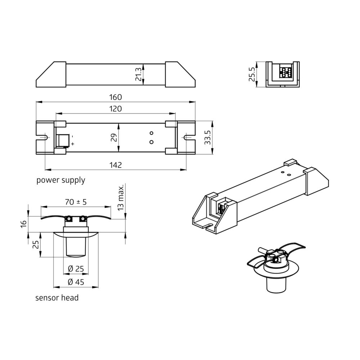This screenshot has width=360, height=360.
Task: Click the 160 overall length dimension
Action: (x=116, y=97)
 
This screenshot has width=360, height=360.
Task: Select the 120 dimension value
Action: (x=116, y=109)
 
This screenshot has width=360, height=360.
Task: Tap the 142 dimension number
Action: (x=116, y=165)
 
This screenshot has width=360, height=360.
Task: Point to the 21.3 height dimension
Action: (x=139, y=75)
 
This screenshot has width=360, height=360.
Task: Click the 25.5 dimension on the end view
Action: (x=252, y=75)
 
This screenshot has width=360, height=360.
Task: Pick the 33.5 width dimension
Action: (x=207, y=138)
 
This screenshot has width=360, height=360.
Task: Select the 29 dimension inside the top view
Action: (x=114, y=138)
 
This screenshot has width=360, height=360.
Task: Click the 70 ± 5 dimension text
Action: (x=76, y=202)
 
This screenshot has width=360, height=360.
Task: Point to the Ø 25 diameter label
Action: (x=76, y=269)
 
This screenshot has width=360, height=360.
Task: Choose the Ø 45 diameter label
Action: (x=76, y=282)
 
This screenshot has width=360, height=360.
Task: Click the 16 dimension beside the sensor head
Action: (x=23, y=224)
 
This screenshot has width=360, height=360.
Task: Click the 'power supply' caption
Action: (x=60, y=180)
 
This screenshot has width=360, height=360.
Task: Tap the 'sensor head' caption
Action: (x=57, y=298)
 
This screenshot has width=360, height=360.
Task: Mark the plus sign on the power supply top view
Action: (x=72, y=144)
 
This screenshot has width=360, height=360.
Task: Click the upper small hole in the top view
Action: (x=152, y=133)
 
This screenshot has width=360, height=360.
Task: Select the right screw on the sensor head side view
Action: (x=83, y=219)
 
